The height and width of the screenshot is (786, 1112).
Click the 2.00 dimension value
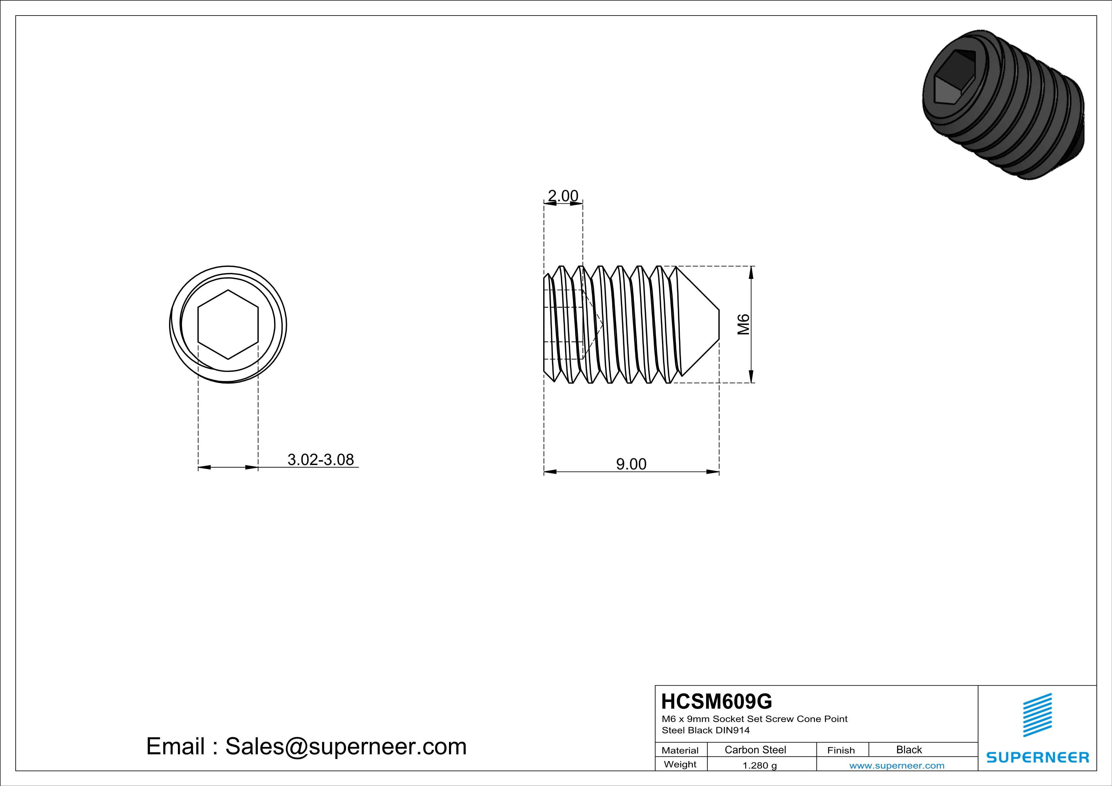(x=563, y=196)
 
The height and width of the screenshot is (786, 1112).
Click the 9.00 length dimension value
(x=631, y=464)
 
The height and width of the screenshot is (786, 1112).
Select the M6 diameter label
(x=744, y=324)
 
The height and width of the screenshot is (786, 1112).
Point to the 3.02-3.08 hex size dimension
(x=321, y=459)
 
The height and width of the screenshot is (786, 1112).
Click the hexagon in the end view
(x=228, y=324)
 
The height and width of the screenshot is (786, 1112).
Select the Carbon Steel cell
(x=755, y=750)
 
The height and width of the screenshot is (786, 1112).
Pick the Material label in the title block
(x=680, y=750)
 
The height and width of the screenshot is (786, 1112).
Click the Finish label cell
(x=841, y=750)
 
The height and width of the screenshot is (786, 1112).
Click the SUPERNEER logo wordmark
(x=1037, y=757)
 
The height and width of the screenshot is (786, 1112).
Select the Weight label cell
(x=680, y=764)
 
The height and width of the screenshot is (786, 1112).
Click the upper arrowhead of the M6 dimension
(x=751, y=274)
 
